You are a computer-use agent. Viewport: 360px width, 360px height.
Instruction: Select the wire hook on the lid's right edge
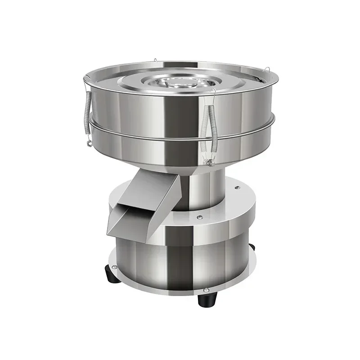(x=265, y=72)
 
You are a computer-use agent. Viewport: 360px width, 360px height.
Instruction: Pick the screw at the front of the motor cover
(x=199, y=217)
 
